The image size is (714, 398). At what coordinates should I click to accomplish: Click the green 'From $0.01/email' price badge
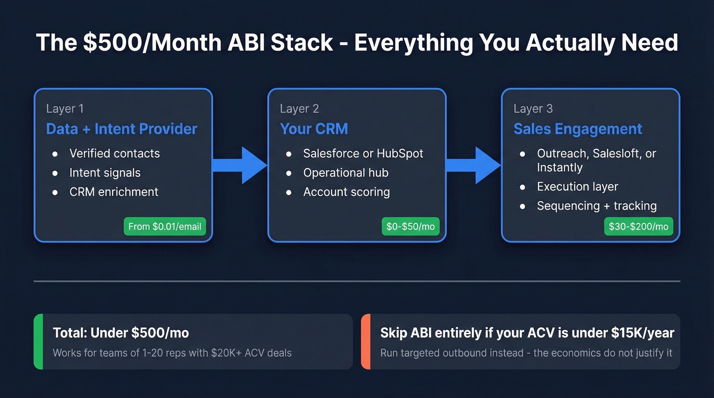165,226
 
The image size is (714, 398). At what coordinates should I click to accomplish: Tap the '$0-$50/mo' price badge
410,226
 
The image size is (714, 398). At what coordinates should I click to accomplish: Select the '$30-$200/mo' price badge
638,226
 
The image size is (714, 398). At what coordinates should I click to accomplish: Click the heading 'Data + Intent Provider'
121,129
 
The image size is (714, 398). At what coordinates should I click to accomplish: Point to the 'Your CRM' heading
314,129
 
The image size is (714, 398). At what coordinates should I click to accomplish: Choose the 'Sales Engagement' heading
577,129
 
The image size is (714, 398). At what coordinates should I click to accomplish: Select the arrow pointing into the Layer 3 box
473,165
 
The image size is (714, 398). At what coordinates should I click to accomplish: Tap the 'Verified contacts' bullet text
114,153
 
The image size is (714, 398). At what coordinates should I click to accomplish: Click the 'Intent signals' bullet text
105,173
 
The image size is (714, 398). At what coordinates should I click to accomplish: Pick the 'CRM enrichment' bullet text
114,192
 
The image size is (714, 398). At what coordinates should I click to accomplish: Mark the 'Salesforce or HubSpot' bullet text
363,153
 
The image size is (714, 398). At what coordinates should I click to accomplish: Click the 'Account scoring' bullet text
346,192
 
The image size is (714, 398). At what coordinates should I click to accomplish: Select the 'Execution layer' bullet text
577,187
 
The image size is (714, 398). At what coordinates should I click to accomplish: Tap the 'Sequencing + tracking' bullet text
597,206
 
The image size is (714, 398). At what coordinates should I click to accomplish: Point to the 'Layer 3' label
533,109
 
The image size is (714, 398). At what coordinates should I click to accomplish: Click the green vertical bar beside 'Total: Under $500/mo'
38,341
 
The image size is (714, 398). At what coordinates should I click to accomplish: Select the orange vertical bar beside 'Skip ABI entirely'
365,341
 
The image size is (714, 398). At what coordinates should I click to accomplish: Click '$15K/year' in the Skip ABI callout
643,333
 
